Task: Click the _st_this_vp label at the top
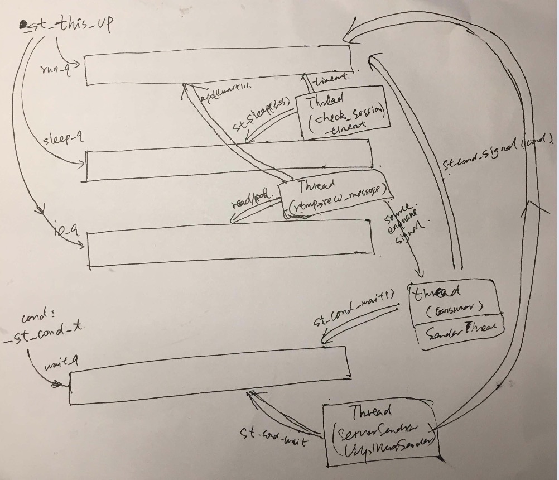[65, 26]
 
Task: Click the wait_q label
[62, 364]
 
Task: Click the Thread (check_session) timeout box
[343, 112]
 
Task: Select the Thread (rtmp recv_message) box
[335, 196]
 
